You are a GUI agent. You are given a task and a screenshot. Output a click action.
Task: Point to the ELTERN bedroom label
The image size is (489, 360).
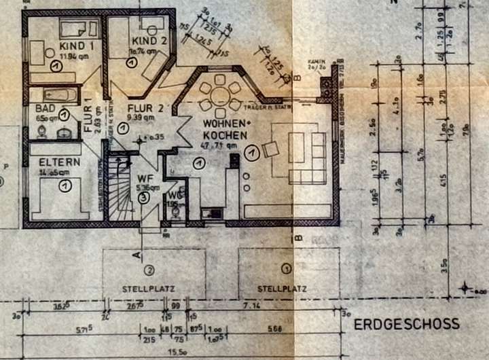[59, 162]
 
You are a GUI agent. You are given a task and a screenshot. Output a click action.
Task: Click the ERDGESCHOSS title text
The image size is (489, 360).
[406, 324]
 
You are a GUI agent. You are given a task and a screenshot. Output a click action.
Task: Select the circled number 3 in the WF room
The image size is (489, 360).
[143, 198]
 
